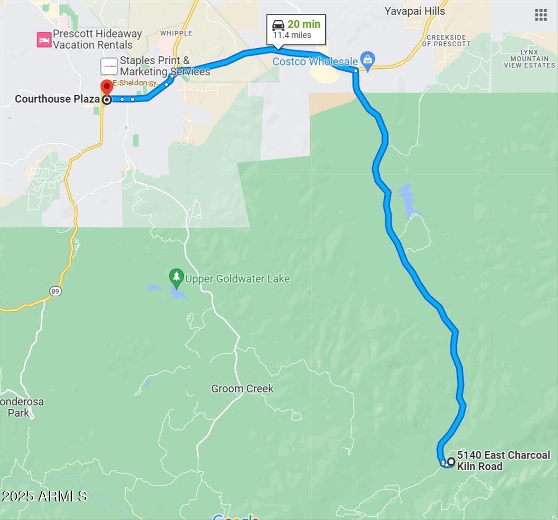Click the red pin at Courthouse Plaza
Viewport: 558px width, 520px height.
point(107,87)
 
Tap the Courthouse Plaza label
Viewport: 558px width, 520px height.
point(57,99)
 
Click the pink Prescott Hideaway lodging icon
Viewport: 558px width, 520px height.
point(44,40)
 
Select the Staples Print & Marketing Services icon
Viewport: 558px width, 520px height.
point(109,66)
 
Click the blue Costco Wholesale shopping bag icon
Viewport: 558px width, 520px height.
point(368,60)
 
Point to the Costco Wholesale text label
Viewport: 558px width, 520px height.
point(315,61)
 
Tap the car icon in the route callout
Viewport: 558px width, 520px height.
point(279,25)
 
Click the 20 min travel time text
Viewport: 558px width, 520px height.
point(304,24)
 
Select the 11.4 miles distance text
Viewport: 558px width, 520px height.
point(292,35)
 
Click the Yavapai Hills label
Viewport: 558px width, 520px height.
point(414,11)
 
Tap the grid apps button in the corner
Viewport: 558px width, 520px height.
point(541,15)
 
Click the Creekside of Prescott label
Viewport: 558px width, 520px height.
point(446,40)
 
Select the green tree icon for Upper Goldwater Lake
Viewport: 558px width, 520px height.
point(176,278)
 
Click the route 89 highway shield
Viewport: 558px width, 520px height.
point(55,291)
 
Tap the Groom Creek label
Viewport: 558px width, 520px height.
point(242,388)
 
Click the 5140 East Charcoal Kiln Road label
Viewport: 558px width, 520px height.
point(503,460)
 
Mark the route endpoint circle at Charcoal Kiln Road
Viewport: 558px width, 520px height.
point(451,462)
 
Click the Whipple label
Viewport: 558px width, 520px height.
point(176,33)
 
